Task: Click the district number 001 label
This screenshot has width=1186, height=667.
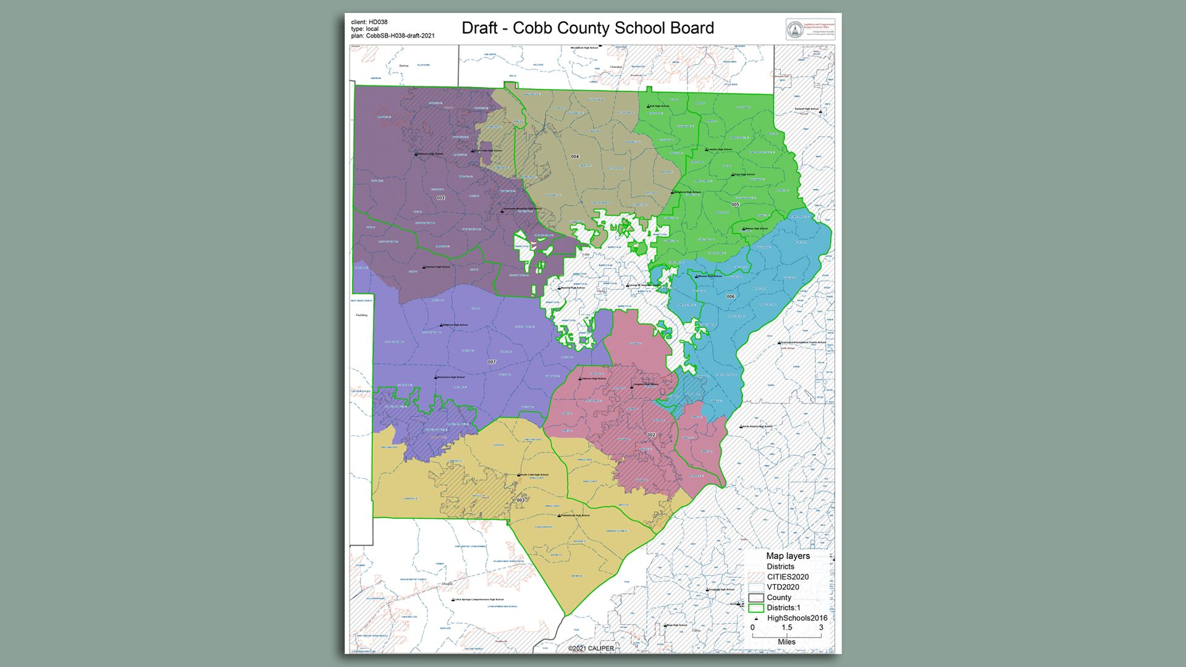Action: pos(440,198)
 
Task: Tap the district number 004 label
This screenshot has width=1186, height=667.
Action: pos(575,157)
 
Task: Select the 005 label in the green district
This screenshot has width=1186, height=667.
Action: pos(735,205)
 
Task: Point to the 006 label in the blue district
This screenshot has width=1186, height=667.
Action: pos(731,297)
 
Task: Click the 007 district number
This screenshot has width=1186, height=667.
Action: pos(492,362)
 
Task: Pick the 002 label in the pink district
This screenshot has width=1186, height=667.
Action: pos(651,435)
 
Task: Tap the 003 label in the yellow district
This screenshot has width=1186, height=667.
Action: pos(521,500)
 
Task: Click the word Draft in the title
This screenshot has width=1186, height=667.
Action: pos(479,28)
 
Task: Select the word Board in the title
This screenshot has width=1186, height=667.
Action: pos(692,28)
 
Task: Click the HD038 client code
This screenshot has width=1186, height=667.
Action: pos(378,22)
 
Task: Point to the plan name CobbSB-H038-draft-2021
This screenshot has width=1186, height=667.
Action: pos(400,36)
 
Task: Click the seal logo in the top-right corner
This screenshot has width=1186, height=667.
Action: pos(794,29)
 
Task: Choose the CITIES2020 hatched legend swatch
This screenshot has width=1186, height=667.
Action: pos(756,577)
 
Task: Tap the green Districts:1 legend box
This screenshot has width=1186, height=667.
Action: pos(756,608)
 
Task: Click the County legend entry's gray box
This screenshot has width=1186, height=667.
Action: pos(756,598)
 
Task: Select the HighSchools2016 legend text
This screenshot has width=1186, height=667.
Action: pos(797,618)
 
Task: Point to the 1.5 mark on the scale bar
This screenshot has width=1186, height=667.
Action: pos(786,627)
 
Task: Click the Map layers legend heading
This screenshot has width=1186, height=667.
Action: pos(788,556)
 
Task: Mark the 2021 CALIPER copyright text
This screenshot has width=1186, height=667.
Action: pos(591,648)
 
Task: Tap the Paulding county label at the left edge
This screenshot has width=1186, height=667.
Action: pos(361,315)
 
